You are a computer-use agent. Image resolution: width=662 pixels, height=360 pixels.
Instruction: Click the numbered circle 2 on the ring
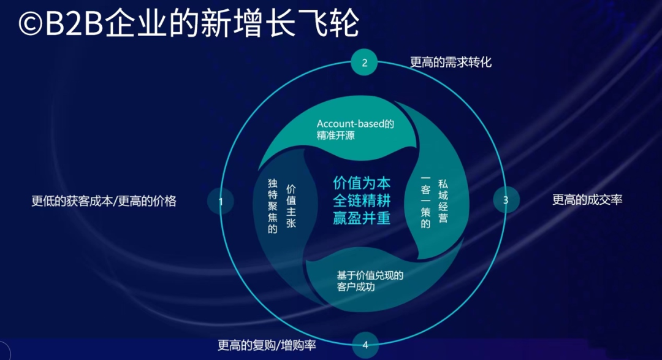(x=364, y=63)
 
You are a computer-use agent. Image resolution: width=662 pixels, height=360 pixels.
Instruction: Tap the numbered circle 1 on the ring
(x=221, y=201)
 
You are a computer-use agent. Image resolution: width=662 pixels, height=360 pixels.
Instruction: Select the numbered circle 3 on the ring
(x=506, y=200)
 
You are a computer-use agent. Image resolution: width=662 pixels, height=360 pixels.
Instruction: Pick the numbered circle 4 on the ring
(x=365, y=345)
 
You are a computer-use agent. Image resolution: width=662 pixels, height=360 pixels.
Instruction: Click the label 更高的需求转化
(x=451, y=63)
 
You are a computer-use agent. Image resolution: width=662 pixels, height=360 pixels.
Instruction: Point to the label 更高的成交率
(x=587, y=200)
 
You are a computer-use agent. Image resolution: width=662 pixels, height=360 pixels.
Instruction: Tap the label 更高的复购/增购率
(x=267, y=345)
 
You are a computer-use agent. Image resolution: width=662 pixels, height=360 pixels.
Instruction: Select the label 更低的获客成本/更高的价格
(x=104, y=201)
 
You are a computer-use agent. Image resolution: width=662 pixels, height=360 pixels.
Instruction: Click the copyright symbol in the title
(x=31, y=25)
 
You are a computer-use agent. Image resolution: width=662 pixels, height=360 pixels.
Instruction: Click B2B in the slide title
(x=74, y=24)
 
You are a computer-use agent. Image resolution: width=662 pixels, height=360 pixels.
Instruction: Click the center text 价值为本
(x=362, y=183)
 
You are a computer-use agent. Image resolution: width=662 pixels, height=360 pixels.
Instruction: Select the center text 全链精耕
(x=362, y=201)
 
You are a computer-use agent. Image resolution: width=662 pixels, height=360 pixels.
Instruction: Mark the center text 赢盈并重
(x=362, y=218)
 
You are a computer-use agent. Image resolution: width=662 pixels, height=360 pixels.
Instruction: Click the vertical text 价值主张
(x=291, y=206)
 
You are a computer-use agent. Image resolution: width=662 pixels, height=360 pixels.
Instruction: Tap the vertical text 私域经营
(x=443, y=201)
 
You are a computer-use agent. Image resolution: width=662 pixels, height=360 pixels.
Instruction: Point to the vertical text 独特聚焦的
(x=273, y=206)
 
